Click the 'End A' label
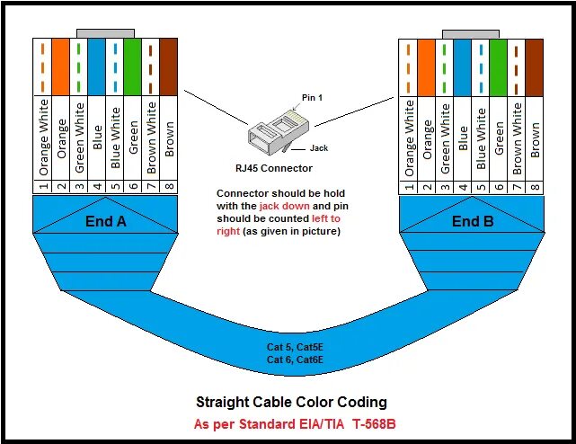(106, 220)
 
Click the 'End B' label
(473, 220)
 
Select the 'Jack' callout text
(319, 147)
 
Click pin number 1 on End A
(43, 187)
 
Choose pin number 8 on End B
(536, 187)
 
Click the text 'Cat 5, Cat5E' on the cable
(287, 346)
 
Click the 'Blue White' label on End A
(115, 139)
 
